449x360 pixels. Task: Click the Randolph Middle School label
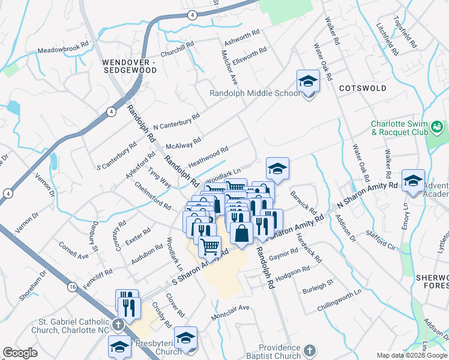click(255, 93)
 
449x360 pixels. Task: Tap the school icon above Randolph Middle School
click(308, 81)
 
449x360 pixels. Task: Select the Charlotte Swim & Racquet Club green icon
click(436, 127)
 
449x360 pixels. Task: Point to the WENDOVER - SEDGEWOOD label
click(129, 66)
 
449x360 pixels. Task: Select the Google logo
click(20, 353)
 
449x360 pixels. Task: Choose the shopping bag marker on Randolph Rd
click(241, 233)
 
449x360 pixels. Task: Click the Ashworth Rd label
click(241, 37)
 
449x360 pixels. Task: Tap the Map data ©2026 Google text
click(411, 355)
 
